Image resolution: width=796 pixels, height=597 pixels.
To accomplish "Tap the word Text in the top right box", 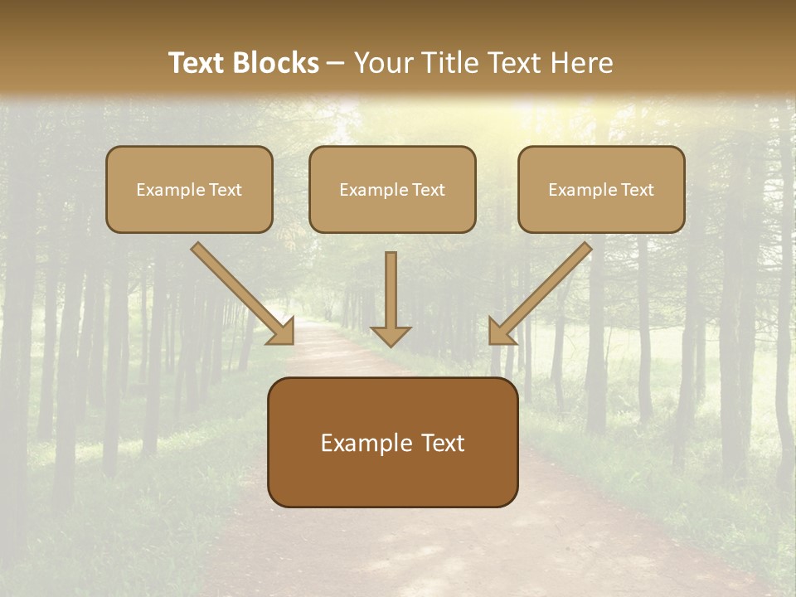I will pyautogui.click(x=637, y=190).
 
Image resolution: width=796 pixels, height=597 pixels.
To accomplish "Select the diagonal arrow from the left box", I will pyautogui.click(x=240, y=293).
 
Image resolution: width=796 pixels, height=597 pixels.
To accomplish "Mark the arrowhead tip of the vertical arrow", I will pyautogui.click(x=391, y=345).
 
